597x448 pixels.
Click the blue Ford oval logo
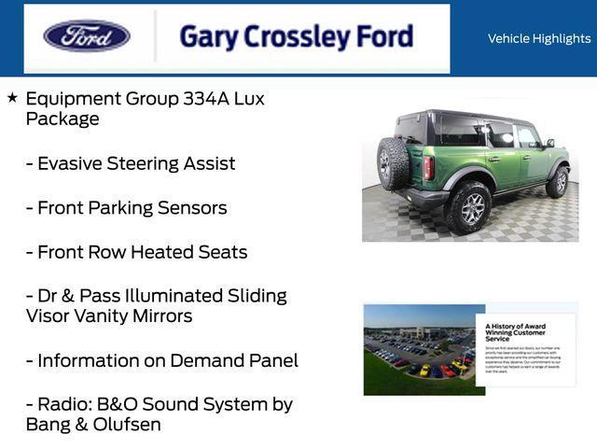pyautogui.click(x=87, y=36)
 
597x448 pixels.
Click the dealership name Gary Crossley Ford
pyautogui.click(x=296, y=37)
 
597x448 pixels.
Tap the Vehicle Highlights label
pyautogui.click(x=539, y=38)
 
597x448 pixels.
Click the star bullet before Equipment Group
pyautogui.click(x=12, y=97)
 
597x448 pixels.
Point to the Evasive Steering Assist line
pyautogui.click(x=131, y=163)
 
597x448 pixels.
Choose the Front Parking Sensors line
pyautogui.click(x=126, y=208)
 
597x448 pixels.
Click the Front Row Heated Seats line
pyautogui.click(x=136, y=252)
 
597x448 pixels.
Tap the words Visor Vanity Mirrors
pyautogui.click(x=109, y=316)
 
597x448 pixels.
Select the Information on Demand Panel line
pyautogui.click(x=161, y=360)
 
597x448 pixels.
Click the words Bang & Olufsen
pyautogui.click(x=93, y=425)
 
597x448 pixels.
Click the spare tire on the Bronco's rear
pyautogui.click(x=393, y=164)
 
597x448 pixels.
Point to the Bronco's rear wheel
pyautogui.click(x=469, y=206)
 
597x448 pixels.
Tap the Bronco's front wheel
pyautogui.click(x=559, y=181)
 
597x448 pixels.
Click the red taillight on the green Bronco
pyautogui.click(x=428, y=167)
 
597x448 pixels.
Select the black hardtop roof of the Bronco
pyautogui.click(x=466, y=119)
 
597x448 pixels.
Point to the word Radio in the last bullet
pyautogui.click(x=63, y=405)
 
